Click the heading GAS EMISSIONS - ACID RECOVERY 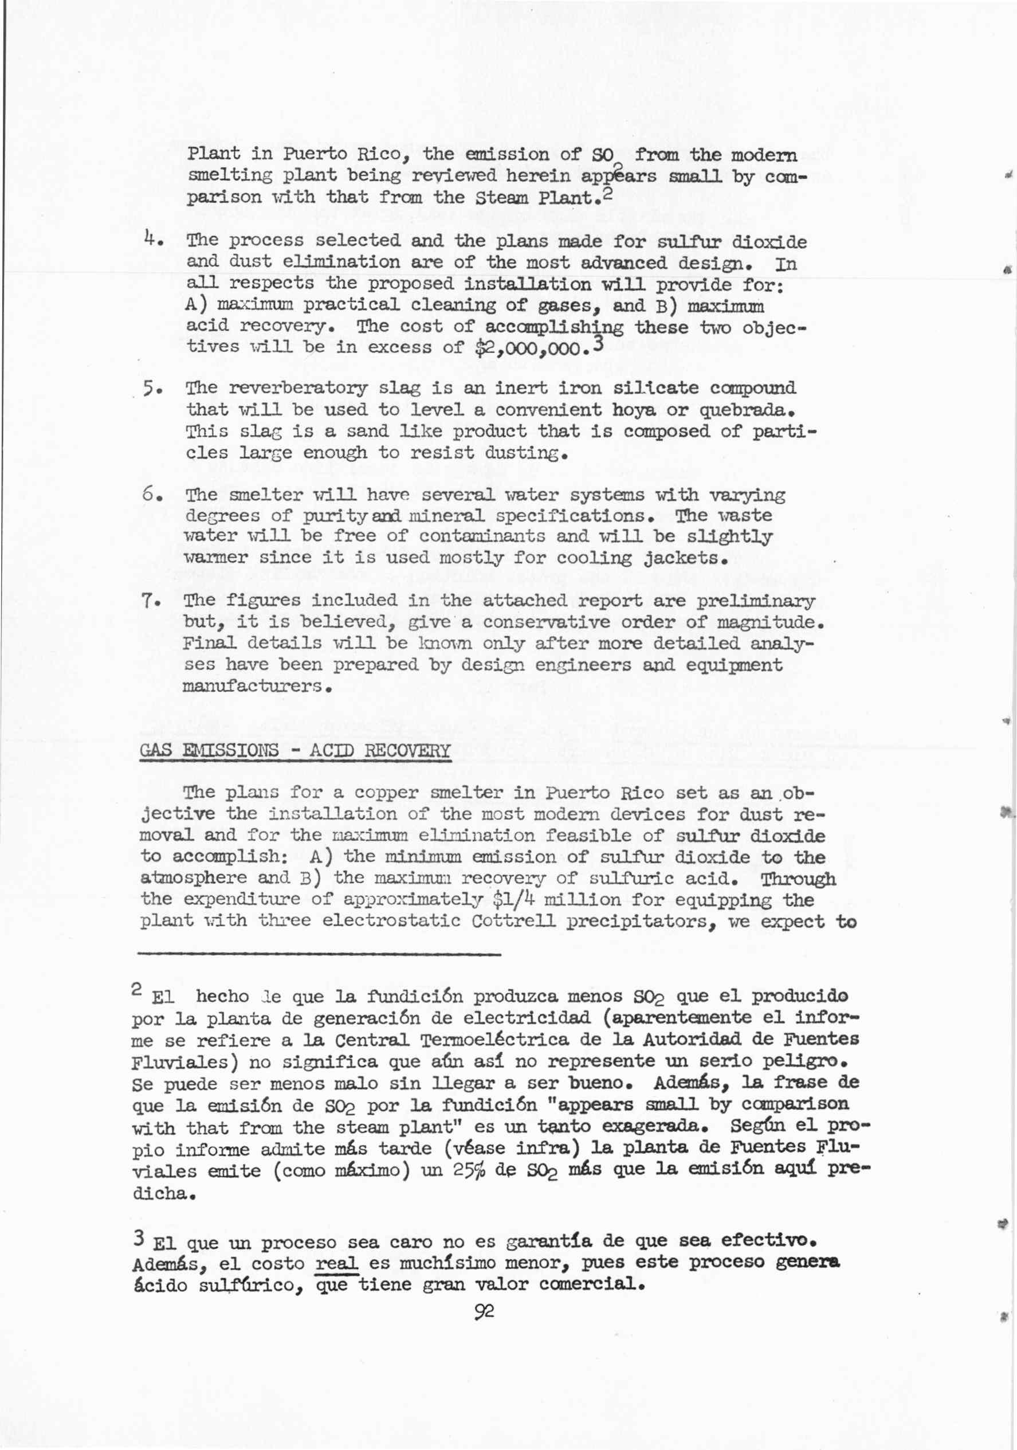tap(295, 751)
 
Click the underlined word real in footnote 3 tap(336, 1263)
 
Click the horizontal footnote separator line tap(319, 954)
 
